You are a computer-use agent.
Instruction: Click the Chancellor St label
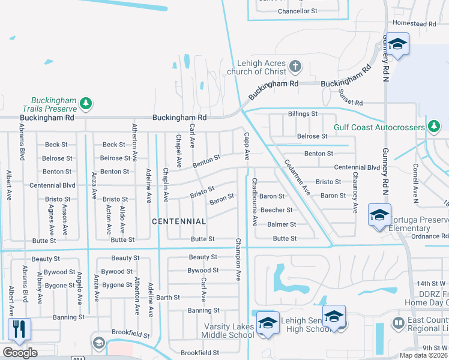point(298,11)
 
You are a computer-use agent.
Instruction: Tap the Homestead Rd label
point(414,23)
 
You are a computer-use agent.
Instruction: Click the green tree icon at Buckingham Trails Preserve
point(86,104)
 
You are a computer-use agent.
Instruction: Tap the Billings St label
point(303,113)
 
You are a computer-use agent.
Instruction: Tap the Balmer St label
point(282,224)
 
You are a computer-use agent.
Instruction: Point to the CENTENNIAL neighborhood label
point(179,221)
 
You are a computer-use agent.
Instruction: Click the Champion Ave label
point(238,259)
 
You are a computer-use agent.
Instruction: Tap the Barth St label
point(168,297)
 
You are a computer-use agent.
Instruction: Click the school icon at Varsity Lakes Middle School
point(268,322)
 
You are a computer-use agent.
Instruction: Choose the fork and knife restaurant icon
point(19,328)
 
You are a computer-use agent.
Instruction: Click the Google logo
point(20,353)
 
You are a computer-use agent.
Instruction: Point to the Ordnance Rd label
point(430,236)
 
